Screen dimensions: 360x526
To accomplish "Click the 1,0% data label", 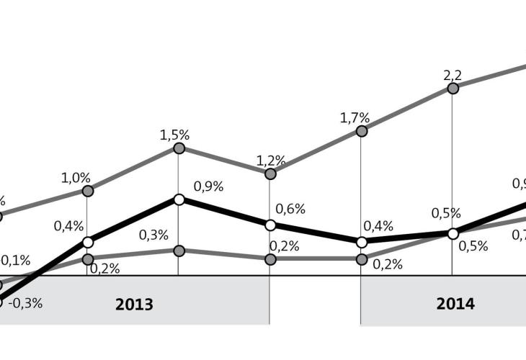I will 76,177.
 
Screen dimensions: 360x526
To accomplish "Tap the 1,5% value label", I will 174,135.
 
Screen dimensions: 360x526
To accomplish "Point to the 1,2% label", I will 271,160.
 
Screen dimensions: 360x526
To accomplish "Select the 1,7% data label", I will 355,117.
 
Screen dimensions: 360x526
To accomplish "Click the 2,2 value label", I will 452,74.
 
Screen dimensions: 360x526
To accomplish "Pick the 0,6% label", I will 291,210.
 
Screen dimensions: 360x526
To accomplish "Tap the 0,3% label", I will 153,234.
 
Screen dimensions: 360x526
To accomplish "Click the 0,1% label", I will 16,260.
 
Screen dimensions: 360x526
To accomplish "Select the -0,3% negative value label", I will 26,303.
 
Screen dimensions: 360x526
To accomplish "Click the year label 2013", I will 134,305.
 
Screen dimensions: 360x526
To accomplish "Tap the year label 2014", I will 455,304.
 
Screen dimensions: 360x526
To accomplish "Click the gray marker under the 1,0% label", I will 88,191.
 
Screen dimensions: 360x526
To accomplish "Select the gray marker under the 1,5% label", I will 179,148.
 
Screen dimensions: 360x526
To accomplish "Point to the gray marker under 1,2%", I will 270,174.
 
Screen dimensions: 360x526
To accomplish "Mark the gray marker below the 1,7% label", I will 362,130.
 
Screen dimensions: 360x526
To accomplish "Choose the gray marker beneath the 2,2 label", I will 453,88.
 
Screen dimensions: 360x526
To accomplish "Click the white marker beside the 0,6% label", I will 270,225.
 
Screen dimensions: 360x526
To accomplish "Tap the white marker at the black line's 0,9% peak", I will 179,199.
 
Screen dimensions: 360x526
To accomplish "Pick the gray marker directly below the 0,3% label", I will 179,251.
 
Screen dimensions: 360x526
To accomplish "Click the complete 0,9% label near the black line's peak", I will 209,186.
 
